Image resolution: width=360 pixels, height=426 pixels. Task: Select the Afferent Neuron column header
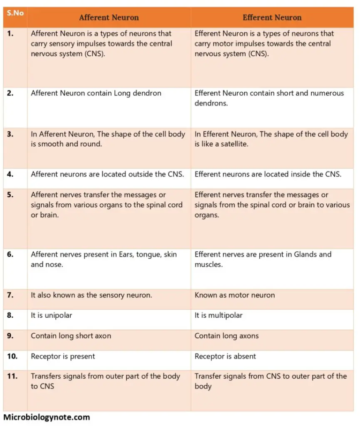point(109,18)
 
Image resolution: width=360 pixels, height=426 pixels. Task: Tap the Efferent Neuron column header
point(272,18)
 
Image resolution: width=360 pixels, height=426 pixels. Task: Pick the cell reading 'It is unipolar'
point(52,315)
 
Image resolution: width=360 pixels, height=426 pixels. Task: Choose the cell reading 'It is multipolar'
point(218,315)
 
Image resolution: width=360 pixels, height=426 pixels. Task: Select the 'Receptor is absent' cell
point(225,357)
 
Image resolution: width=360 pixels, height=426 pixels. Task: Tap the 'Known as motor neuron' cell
point(234,295)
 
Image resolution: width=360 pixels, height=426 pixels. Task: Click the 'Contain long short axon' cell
point(71,336)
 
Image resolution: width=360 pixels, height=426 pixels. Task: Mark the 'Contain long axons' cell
point(226,336)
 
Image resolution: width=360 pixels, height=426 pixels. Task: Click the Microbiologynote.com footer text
point(46,417)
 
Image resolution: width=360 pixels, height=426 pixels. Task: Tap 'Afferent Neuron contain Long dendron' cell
point(96,93)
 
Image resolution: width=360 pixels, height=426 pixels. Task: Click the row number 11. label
point(12,376)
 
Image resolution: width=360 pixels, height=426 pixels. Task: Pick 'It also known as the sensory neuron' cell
point(91,295)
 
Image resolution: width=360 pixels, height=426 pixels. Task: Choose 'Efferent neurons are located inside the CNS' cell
point(268,174)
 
